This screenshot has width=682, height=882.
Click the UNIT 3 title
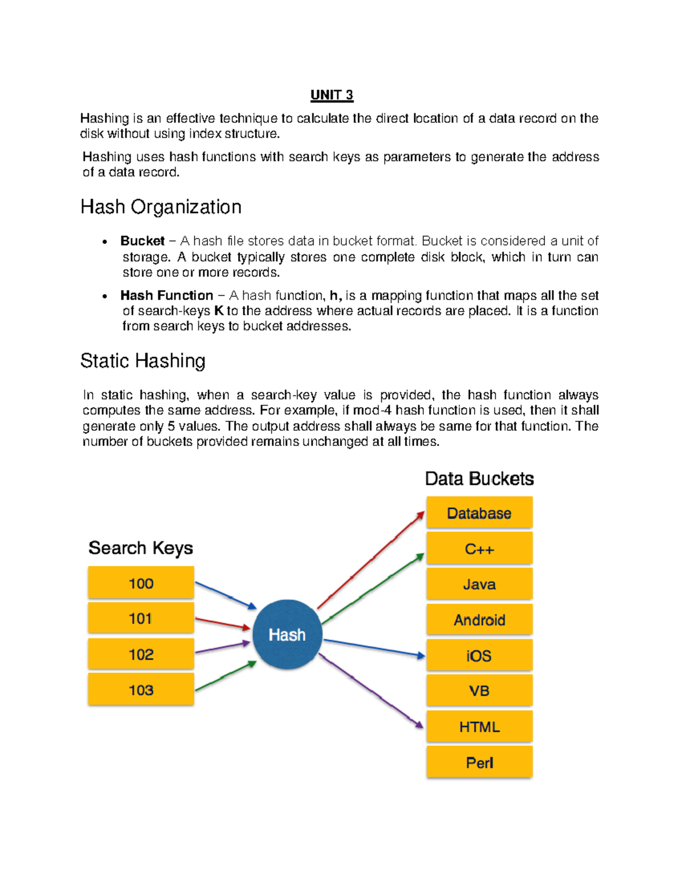[x=332, y=95]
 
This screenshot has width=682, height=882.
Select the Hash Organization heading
[x=161, y=207]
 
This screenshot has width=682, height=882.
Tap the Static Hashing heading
[x=143, y=361]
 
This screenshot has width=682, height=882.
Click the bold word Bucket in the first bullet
[x=142, y=241]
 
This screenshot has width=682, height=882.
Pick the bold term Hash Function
[x=167, y=295]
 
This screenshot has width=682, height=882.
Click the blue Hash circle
[x=287, y=634]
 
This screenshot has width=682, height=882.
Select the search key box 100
[x=141, y=583]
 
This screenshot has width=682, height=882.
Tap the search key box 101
[x=141, y=618]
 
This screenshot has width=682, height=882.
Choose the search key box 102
[x=141, y=654]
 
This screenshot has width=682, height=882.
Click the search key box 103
[x=141, y=689]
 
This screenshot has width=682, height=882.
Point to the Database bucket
[x=479, y=513]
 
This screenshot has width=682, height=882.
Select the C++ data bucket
[x=479, y=549]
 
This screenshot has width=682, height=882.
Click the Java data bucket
[x=479, y=584]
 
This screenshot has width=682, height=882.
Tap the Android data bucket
[x=479, y=620]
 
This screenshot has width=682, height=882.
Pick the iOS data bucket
[x=479, y=655]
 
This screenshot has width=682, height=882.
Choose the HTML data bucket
[x=479, y=726]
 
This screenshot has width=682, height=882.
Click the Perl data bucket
[x=479, y=762]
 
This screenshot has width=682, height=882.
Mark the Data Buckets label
[x=479, y=479]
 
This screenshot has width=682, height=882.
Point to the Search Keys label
[x=140, y=548]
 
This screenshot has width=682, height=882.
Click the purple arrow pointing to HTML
[x=372, y=691]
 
